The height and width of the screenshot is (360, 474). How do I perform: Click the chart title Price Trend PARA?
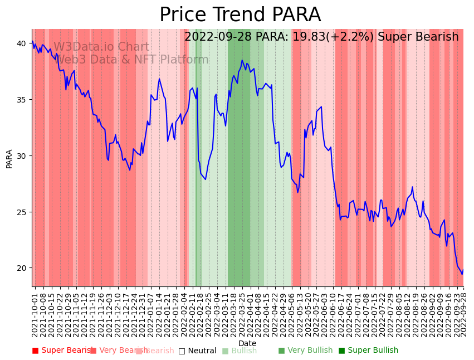[x=240, y=15]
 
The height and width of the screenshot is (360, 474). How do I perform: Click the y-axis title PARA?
[x=9, y=158]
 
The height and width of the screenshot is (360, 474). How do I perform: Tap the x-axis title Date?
[x=247, y=343]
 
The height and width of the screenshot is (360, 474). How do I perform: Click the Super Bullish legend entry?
[x=368, y=351]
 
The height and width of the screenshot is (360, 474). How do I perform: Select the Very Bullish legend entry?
[x=305, y=351]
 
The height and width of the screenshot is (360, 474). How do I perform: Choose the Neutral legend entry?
[x=197, y=351]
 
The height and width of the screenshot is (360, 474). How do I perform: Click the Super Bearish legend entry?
[x=61, y=351]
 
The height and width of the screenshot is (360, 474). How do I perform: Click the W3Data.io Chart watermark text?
[x=101, y=47]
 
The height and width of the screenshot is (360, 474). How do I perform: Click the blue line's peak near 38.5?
[x=242, y=60]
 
